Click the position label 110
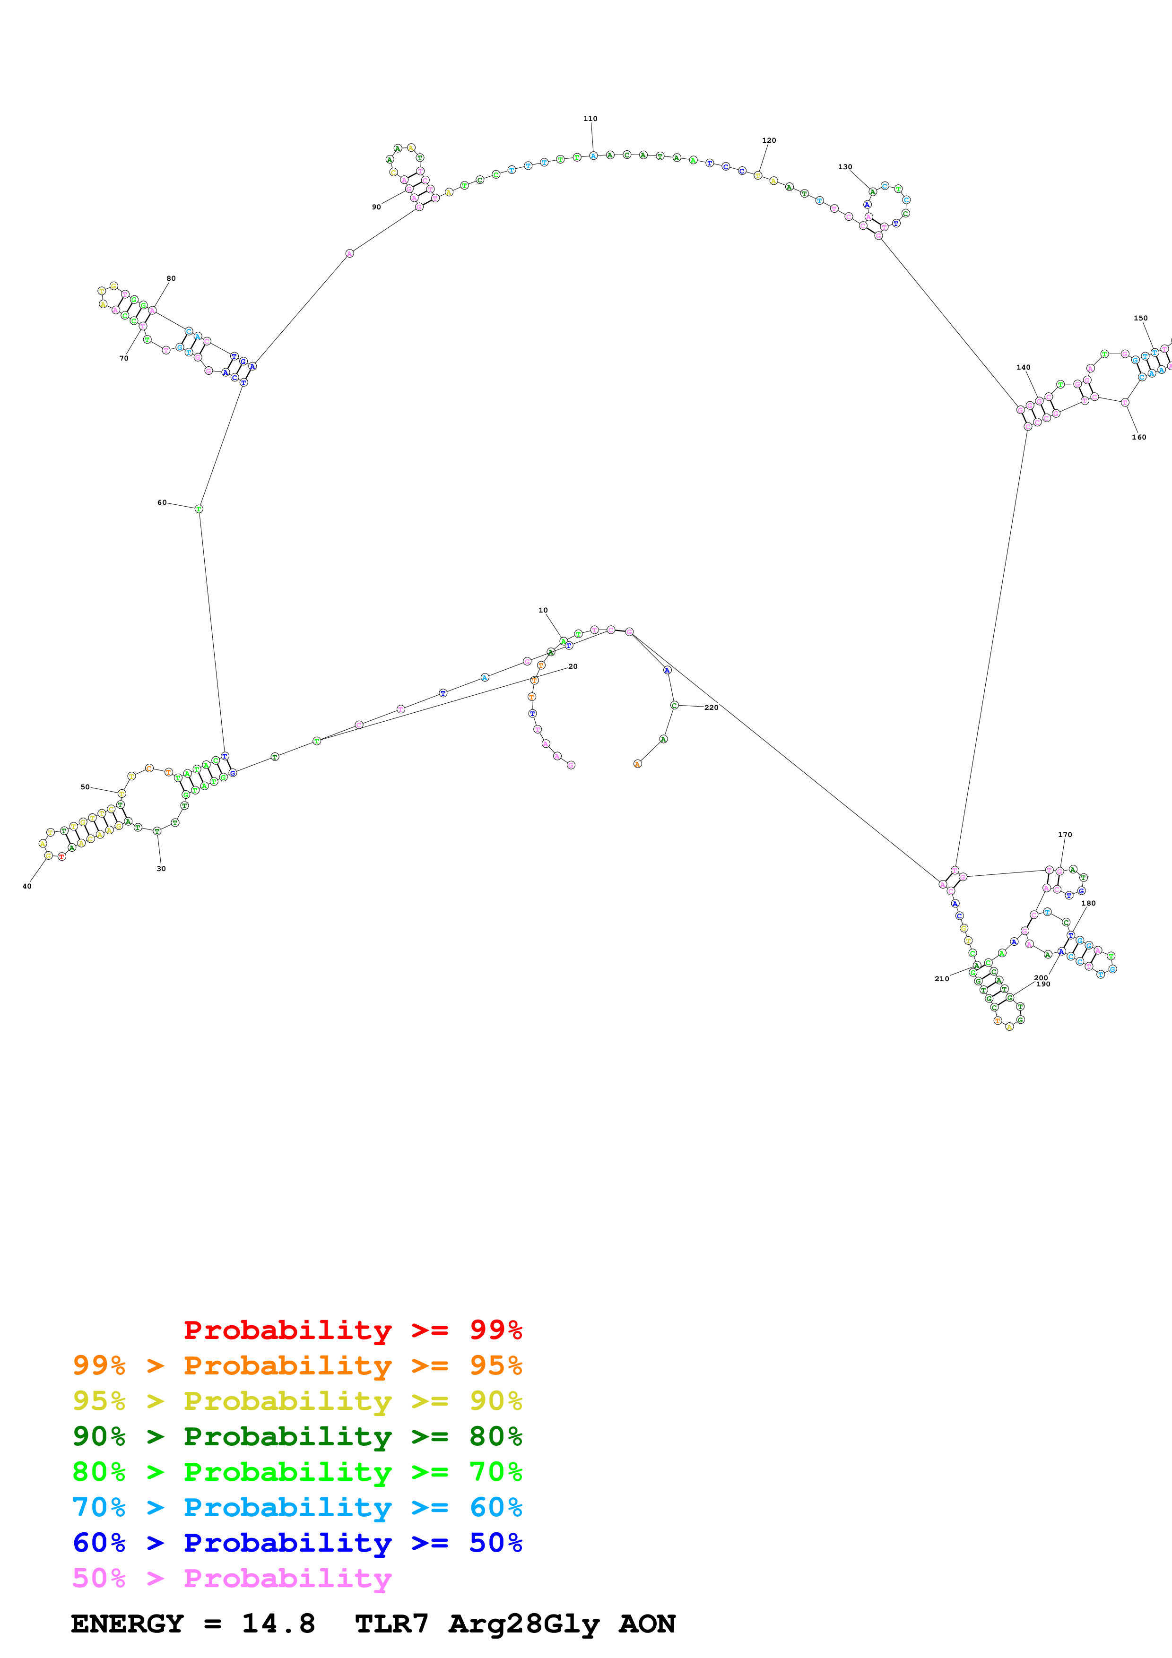(x=590, y=119)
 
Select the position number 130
(x=845, y=167)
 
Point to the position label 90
(x=376, y=207)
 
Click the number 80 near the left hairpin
(x=171, y=278)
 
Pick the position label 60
(x=162, y=502)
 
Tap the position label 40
(x=27, y=886)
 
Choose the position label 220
(x=712, y=707)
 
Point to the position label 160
(x=1139, y=437)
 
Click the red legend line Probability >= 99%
(x=352, y=1330)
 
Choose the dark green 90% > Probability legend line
(x=297, y=1436)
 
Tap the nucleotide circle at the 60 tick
(x=200, y=509)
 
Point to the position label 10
(x=543, y=610)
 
